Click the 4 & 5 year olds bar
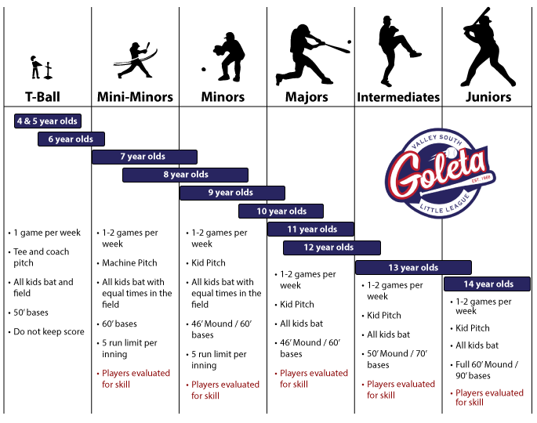pyautogui.click(x=48, y=121)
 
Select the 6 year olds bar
pyautogui.click(x=71, y=139)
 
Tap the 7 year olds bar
pyautogui.click(x=144, y=157)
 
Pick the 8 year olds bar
pyautogui.click(x=185, y=175)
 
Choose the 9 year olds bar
pyautogui.click(x=232, y=193)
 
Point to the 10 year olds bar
pyautogui.click(x=281, y=211)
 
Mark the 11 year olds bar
pyautogui.click(x=310, y=229)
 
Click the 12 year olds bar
pyautogui.click(x=332, y=248)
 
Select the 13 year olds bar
pyautogui.click(x=413, y=267)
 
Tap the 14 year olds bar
pyautogui.click(x=487, y=284)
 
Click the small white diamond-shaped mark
pyautogui.click(x=312, y=41)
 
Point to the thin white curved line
pyautogui.click(x=136, y=57)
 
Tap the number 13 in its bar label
pyautogui.click(x=393, y=268)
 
